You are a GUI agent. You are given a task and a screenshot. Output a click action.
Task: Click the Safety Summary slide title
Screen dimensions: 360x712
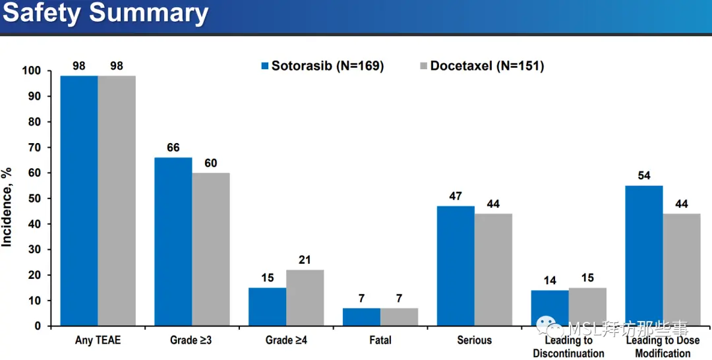tap(105, 14)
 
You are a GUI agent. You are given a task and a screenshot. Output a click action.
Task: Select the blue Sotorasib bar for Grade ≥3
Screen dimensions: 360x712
tap(173, 241)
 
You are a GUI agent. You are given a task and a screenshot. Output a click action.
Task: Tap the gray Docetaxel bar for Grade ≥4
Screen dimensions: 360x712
tap(305, 297)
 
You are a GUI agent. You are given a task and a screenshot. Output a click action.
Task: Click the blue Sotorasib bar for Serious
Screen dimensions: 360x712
tap(456, 266)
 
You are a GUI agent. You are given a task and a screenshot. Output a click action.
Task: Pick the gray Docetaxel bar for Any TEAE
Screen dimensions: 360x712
tap(117, 200)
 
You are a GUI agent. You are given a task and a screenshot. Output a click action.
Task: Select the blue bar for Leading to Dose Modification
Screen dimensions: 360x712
tap(643, 256)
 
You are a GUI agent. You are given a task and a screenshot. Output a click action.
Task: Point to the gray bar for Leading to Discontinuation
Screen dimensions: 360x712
tap(587, 307)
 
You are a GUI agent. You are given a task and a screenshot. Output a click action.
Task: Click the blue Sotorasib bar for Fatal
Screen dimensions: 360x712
tap(361, 316)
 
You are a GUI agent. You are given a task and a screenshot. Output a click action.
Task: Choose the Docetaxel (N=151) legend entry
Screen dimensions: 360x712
tap(482, 66)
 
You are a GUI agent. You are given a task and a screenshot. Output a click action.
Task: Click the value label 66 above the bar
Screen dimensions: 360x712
tap(173, 148)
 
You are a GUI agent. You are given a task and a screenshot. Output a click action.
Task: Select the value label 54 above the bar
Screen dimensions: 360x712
tap(643, 176)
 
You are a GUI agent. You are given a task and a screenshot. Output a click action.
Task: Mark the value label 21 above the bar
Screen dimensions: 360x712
tap(305, 260)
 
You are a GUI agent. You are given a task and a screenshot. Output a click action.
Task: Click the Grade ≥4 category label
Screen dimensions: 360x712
tap(285, 340)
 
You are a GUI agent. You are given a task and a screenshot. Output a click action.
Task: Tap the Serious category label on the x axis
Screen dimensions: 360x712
tap(474, 340)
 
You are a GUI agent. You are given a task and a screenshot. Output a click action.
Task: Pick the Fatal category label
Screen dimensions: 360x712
tap(380, 340)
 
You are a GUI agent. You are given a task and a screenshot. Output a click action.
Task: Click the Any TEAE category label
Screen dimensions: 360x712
tap(98, 340)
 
